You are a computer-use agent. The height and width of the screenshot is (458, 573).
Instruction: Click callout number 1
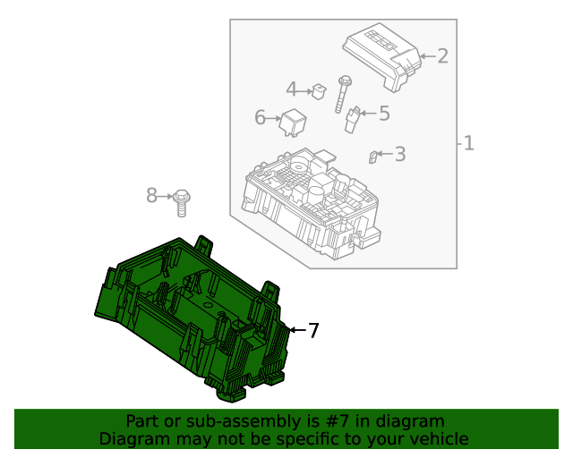pyautogui.click(x=468, y=143)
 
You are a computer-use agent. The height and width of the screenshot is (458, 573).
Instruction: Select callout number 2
pyautogui.click(x=441, y=56)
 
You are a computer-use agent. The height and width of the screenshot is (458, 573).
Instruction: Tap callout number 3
pyautogui.click(x=399, y=154)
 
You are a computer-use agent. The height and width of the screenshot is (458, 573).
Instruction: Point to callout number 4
pyautogui.click(x=292, y=89)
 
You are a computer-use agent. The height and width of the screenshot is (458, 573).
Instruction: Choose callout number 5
pyautogui.click(x=384, y=114)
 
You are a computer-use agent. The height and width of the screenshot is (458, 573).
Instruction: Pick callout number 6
pyautogui.click(x=261, y=117)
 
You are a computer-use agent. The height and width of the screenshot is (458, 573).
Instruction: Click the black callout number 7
pyautogui.click(x=312, y=331)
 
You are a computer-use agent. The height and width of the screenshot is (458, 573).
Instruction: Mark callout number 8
pyautogui.click(x=151, y=195)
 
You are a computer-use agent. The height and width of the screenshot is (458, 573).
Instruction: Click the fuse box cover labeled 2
pyautogui.click(x=382, y=55)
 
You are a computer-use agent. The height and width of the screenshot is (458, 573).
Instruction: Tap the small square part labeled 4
pyautogui.click(x=318, y=89)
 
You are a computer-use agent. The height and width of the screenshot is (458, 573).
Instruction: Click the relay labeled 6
pyautogui.click(x=293, y=121)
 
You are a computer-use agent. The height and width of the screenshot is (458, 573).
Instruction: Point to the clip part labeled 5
pyautogui.click(x=354, y=119)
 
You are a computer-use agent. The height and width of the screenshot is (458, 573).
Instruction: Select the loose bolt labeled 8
pyautogui.click(x=183, y=202)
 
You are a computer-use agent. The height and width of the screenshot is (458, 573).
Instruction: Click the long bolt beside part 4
pyautogui.click(x=342, y=94)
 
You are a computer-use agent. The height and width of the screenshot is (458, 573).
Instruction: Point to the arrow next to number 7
pyautogui.click(x=296, y=331)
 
